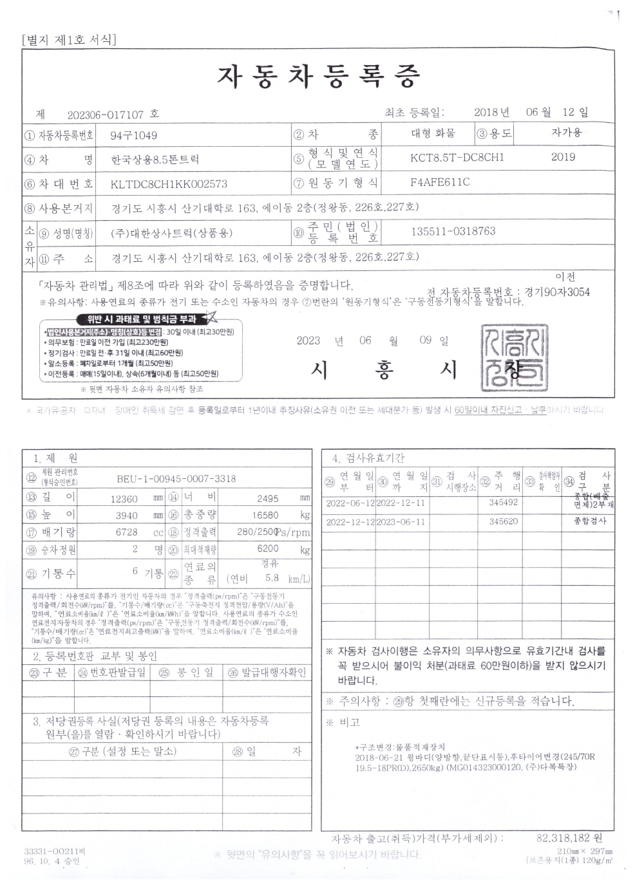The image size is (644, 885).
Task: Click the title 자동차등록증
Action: (318, 77)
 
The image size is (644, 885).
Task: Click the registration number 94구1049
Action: (133, 135)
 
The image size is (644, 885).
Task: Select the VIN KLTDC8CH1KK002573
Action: (169, 183)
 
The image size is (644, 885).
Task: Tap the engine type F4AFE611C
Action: (440, 182)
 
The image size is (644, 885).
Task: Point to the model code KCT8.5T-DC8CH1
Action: (457, 157)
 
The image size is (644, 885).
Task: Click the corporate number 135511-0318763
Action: (453, 231)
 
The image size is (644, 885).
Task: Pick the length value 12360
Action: (124, 498)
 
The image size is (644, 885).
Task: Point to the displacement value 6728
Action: (126, 532)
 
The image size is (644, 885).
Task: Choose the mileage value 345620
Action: (504, 521)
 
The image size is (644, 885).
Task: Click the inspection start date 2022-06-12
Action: (350, 503)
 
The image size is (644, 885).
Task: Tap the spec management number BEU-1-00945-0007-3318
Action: (176, 479)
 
